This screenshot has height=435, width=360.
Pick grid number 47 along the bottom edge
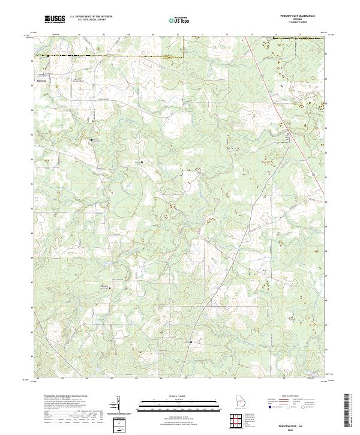tap(112, 379)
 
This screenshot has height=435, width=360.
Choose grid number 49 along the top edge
tap(153, 35)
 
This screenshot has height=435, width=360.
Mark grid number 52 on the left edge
tap(34, 136)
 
